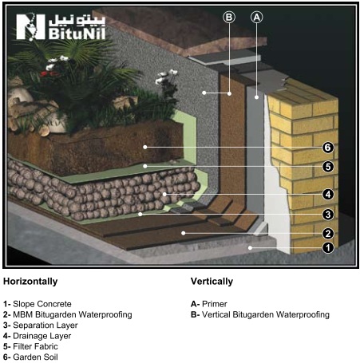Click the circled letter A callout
pos(256,18)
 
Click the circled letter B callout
pos(229,18)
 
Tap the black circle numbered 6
pos(328,148)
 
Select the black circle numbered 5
pos(328,167)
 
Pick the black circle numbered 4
pos(328,195)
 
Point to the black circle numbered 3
pos(328,215)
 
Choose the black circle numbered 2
pos(328,234)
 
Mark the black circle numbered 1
pos(328,248)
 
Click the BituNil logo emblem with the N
pos(30,26)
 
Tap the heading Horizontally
pos(30,282)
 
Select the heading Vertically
pos(212,282)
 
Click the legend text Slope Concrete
pos(42,304)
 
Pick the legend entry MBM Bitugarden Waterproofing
pos(73,314)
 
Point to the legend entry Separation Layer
pos(45,326)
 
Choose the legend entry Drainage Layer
pos(42,336)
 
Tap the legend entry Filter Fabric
pos(35,346)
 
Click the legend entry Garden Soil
pos(35,357)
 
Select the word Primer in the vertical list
pos(215,304)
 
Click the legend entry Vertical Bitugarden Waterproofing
pos(266,314)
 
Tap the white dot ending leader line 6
pos(145,147)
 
